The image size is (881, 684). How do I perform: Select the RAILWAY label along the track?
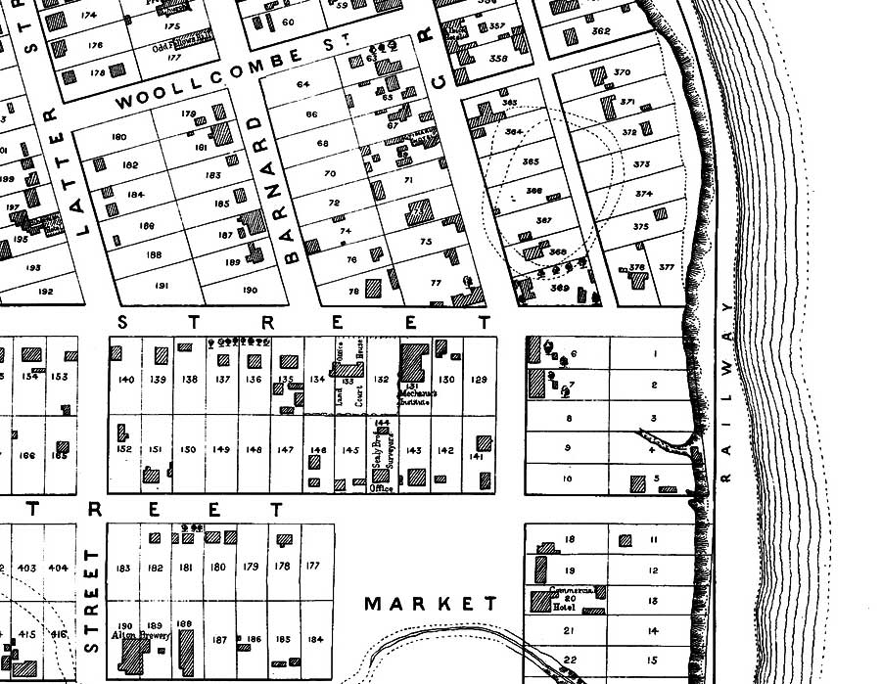pos(725,390)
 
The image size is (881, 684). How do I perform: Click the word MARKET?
pos(431,604)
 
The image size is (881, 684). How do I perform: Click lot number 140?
pos(125,380)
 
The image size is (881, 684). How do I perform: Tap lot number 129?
pos(479,380)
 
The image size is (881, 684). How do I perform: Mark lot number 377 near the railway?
pos(667,267)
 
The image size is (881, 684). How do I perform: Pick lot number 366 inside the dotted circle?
pos(533,191)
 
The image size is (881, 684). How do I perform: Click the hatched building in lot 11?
pos(626,539)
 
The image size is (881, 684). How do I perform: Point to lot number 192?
pos(45,291)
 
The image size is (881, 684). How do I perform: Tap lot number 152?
pos(124,449)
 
